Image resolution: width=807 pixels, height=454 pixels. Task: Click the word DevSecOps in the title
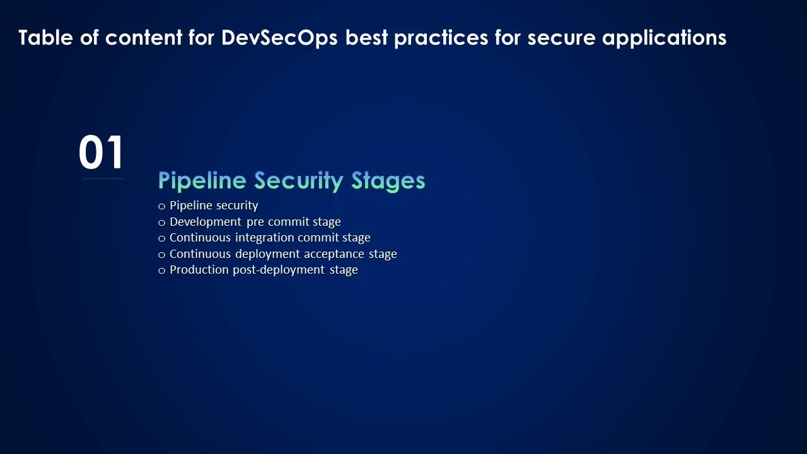(x=279, y=38)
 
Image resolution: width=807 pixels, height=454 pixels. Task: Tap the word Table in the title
(x=46, y=37)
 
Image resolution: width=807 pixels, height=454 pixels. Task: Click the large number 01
(x=102, y=152)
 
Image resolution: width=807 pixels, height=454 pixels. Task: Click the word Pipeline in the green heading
(x=202, y=180)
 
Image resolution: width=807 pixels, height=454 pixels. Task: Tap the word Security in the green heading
(x=299, y=181)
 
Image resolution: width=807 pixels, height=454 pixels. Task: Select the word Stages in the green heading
(x=388, y=181)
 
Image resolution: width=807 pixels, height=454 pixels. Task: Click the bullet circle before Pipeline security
(x=162, y=206)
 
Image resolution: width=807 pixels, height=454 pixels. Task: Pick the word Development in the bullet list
(x=206, y=222)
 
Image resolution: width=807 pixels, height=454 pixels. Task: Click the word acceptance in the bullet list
(x=334, y=254)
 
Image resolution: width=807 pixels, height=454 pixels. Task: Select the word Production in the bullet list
(x=199, y=269)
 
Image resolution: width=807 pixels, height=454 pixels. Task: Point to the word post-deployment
(x=279, y=270)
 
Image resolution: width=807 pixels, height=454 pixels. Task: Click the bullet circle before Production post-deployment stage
(x=162, y=271)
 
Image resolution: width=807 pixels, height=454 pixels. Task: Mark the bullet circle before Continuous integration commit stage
(x=162, y=238)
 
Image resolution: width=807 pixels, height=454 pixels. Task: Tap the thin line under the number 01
(x=103, y=178)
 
